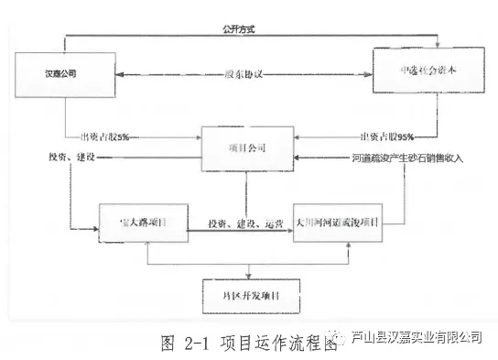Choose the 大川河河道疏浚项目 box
337,224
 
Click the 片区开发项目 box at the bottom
246,297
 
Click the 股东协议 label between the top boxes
245,74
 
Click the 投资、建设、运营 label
242,224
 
